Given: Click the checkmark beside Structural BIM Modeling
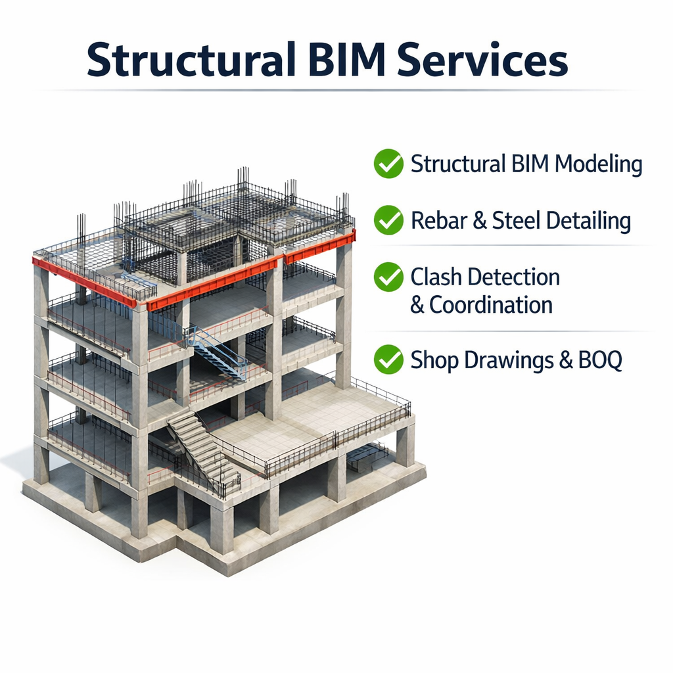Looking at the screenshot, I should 388,164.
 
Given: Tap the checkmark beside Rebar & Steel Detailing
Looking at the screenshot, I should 388,220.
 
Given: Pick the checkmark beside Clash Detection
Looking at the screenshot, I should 388,277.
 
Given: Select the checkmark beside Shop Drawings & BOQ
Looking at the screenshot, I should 388,360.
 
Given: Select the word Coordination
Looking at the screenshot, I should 491,305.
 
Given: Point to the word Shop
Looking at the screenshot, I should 434,361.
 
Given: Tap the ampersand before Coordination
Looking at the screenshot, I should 417,306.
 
